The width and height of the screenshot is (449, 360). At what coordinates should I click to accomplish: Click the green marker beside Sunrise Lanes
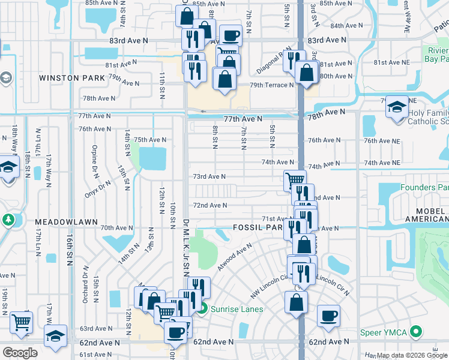click(x=203, y=310)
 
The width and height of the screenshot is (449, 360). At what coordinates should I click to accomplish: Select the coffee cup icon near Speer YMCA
click(x=328, y=315)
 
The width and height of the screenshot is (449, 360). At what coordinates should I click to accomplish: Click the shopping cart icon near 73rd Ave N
click(x=295, y=179)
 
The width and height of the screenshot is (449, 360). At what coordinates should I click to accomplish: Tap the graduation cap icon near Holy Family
click(x=397, y=107)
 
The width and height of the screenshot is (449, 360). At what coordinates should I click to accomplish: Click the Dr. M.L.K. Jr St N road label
click(x=185, y=240)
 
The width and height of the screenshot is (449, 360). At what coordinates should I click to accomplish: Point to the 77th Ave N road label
click(x=243, y=119)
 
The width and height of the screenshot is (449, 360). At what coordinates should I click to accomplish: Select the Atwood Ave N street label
click(x=235, y=256)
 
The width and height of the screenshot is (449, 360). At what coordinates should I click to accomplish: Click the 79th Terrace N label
click(x=272, y=85)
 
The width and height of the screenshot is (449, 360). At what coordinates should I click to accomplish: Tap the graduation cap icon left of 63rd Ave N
click(x=56, y=335)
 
